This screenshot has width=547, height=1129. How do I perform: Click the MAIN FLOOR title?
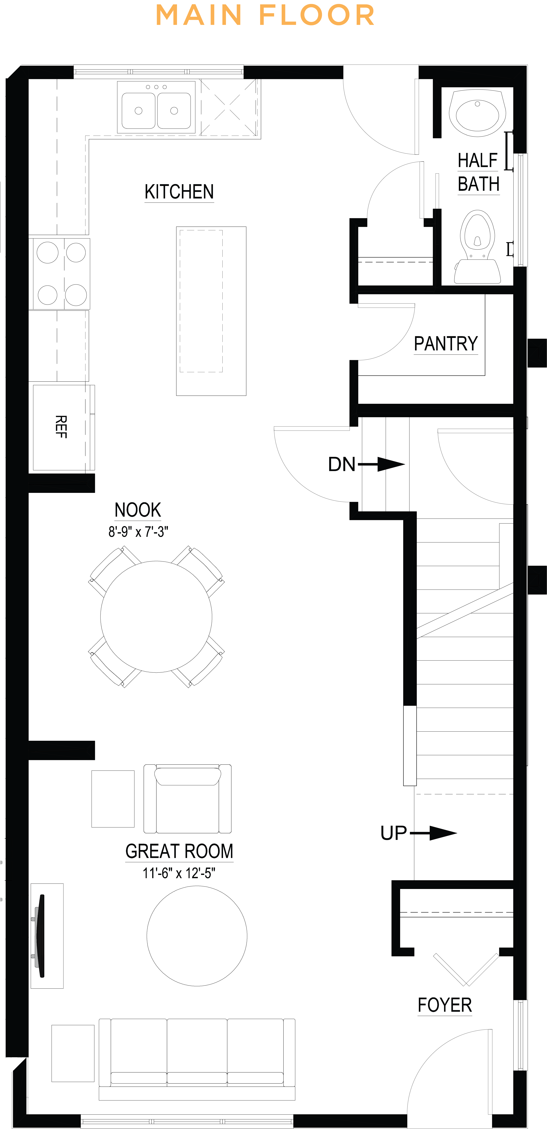pos(265,15)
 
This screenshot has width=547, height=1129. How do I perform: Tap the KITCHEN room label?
pos(179,192)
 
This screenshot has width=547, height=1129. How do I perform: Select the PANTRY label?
pos(446,344)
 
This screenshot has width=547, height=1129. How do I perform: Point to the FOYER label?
pos(444,1005)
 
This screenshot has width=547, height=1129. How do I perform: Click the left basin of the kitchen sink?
pos(139,110)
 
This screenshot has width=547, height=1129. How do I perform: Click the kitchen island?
pos(211,311)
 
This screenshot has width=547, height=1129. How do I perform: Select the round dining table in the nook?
pos(156,617)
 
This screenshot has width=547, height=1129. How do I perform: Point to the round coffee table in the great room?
pos(197,936)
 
